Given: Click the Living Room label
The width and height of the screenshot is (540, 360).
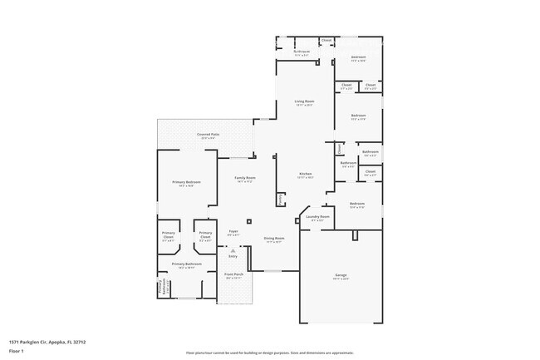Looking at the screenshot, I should [304, 101].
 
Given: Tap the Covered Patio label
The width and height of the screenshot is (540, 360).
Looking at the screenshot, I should [208, 135].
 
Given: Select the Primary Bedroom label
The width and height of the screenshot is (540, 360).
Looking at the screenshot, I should [188, 182].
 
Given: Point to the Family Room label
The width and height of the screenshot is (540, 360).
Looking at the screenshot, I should [244, 178].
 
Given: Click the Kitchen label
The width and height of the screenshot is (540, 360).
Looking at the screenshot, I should [306, 174].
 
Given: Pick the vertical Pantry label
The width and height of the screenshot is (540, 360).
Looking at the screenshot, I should [281, 200].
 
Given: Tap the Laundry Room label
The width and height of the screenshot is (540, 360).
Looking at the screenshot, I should [317, 216].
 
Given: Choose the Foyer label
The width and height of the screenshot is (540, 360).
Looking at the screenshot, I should [233, 232].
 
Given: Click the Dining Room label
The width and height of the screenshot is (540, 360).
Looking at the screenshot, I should [274, 239].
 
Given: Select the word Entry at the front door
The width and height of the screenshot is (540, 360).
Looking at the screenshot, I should [233, 256].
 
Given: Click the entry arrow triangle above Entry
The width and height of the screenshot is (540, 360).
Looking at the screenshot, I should [233, 250].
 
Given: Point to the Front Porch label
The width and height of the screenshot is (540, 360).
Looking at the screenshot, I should [233, 274].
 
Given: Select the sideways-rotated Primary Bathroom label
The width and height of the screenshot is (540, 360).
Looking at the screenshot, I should [160, 288].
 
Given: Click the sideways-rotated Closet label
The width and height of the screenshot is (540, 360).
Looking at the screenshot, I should [339, 148].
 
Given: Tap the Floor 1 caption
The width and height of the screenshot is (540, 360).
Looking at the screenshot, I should [17, 351].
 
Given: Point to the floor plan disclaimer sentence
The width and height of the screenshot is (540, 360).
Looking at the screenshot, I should [270, 353].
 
